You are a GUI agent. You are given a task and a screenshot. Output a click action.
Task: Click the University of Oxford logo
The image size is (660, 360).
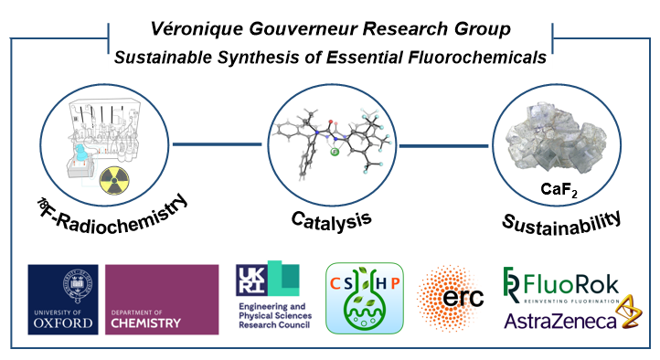[63, 299]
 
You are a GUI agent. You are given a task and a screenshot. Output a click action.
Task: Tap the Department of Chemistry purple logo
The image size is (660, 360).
[163, 299]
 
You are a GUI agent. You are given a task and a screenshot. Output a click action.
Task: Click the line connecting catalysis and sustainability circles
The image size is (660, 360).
[444, 143]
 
